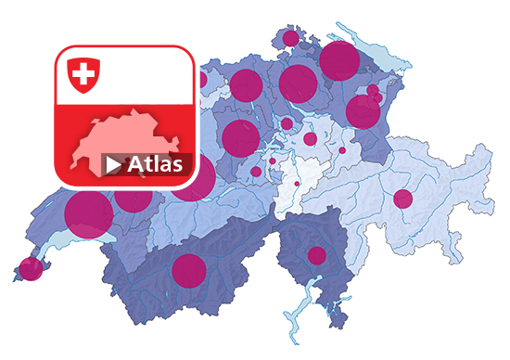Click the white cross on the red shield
point(83,73)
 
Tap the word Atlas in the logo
point(159,165)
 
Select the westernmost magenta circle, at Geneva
point(31,269)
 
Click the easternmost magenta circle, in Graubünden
point(402,199)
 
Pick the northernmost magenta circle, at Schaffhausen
point(289,39)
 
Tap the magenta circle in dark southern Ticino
point(317,255)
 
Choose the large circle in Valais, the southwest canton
point(188,270)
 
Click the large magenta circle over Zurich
point(298,84)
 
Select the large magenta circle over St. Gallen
point(363,111)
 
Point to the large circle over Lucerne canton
point(240,138)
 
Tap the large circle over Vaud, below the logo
point(89,213)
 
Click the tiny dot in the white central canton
point(297,183)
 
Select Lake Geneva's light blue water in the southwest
point(56,241)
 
